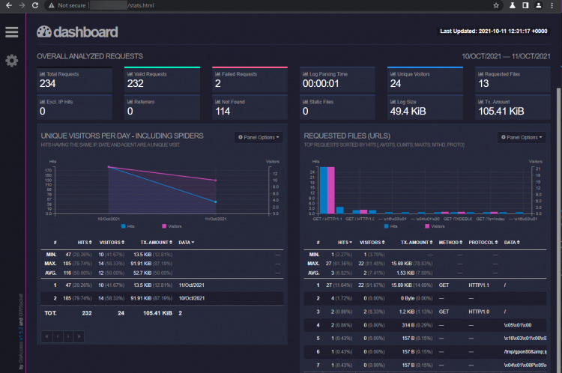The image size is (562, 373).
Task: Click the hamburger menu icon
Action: point(11,31)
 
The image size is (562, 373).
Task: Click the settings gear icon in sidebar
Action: point(11,60)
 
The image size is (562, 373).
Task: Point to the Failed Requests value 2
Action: point(217,85)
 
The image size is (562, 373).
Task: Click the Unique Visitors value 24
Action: point(395,85)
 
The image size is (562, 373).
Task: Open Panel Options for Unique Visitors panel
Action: point(259,137)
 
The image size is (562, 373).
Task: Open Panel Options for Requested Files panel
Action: point(522,137)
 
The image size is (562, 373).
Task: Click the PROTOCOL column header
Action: point(482,243)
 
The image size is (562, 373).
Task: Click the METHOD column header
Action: point(450,243)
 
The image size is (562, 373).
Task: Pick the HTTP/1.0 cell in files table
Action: point(480,310)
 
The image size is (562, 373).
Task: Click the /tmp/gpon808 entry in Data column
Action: point(524,351)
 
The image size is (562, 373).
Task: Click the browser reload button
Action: point(34,5)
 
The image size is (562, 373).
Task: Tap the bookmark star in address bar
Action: point(496,5)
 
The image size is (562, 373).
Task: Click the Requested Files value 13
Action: point(483,85)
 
